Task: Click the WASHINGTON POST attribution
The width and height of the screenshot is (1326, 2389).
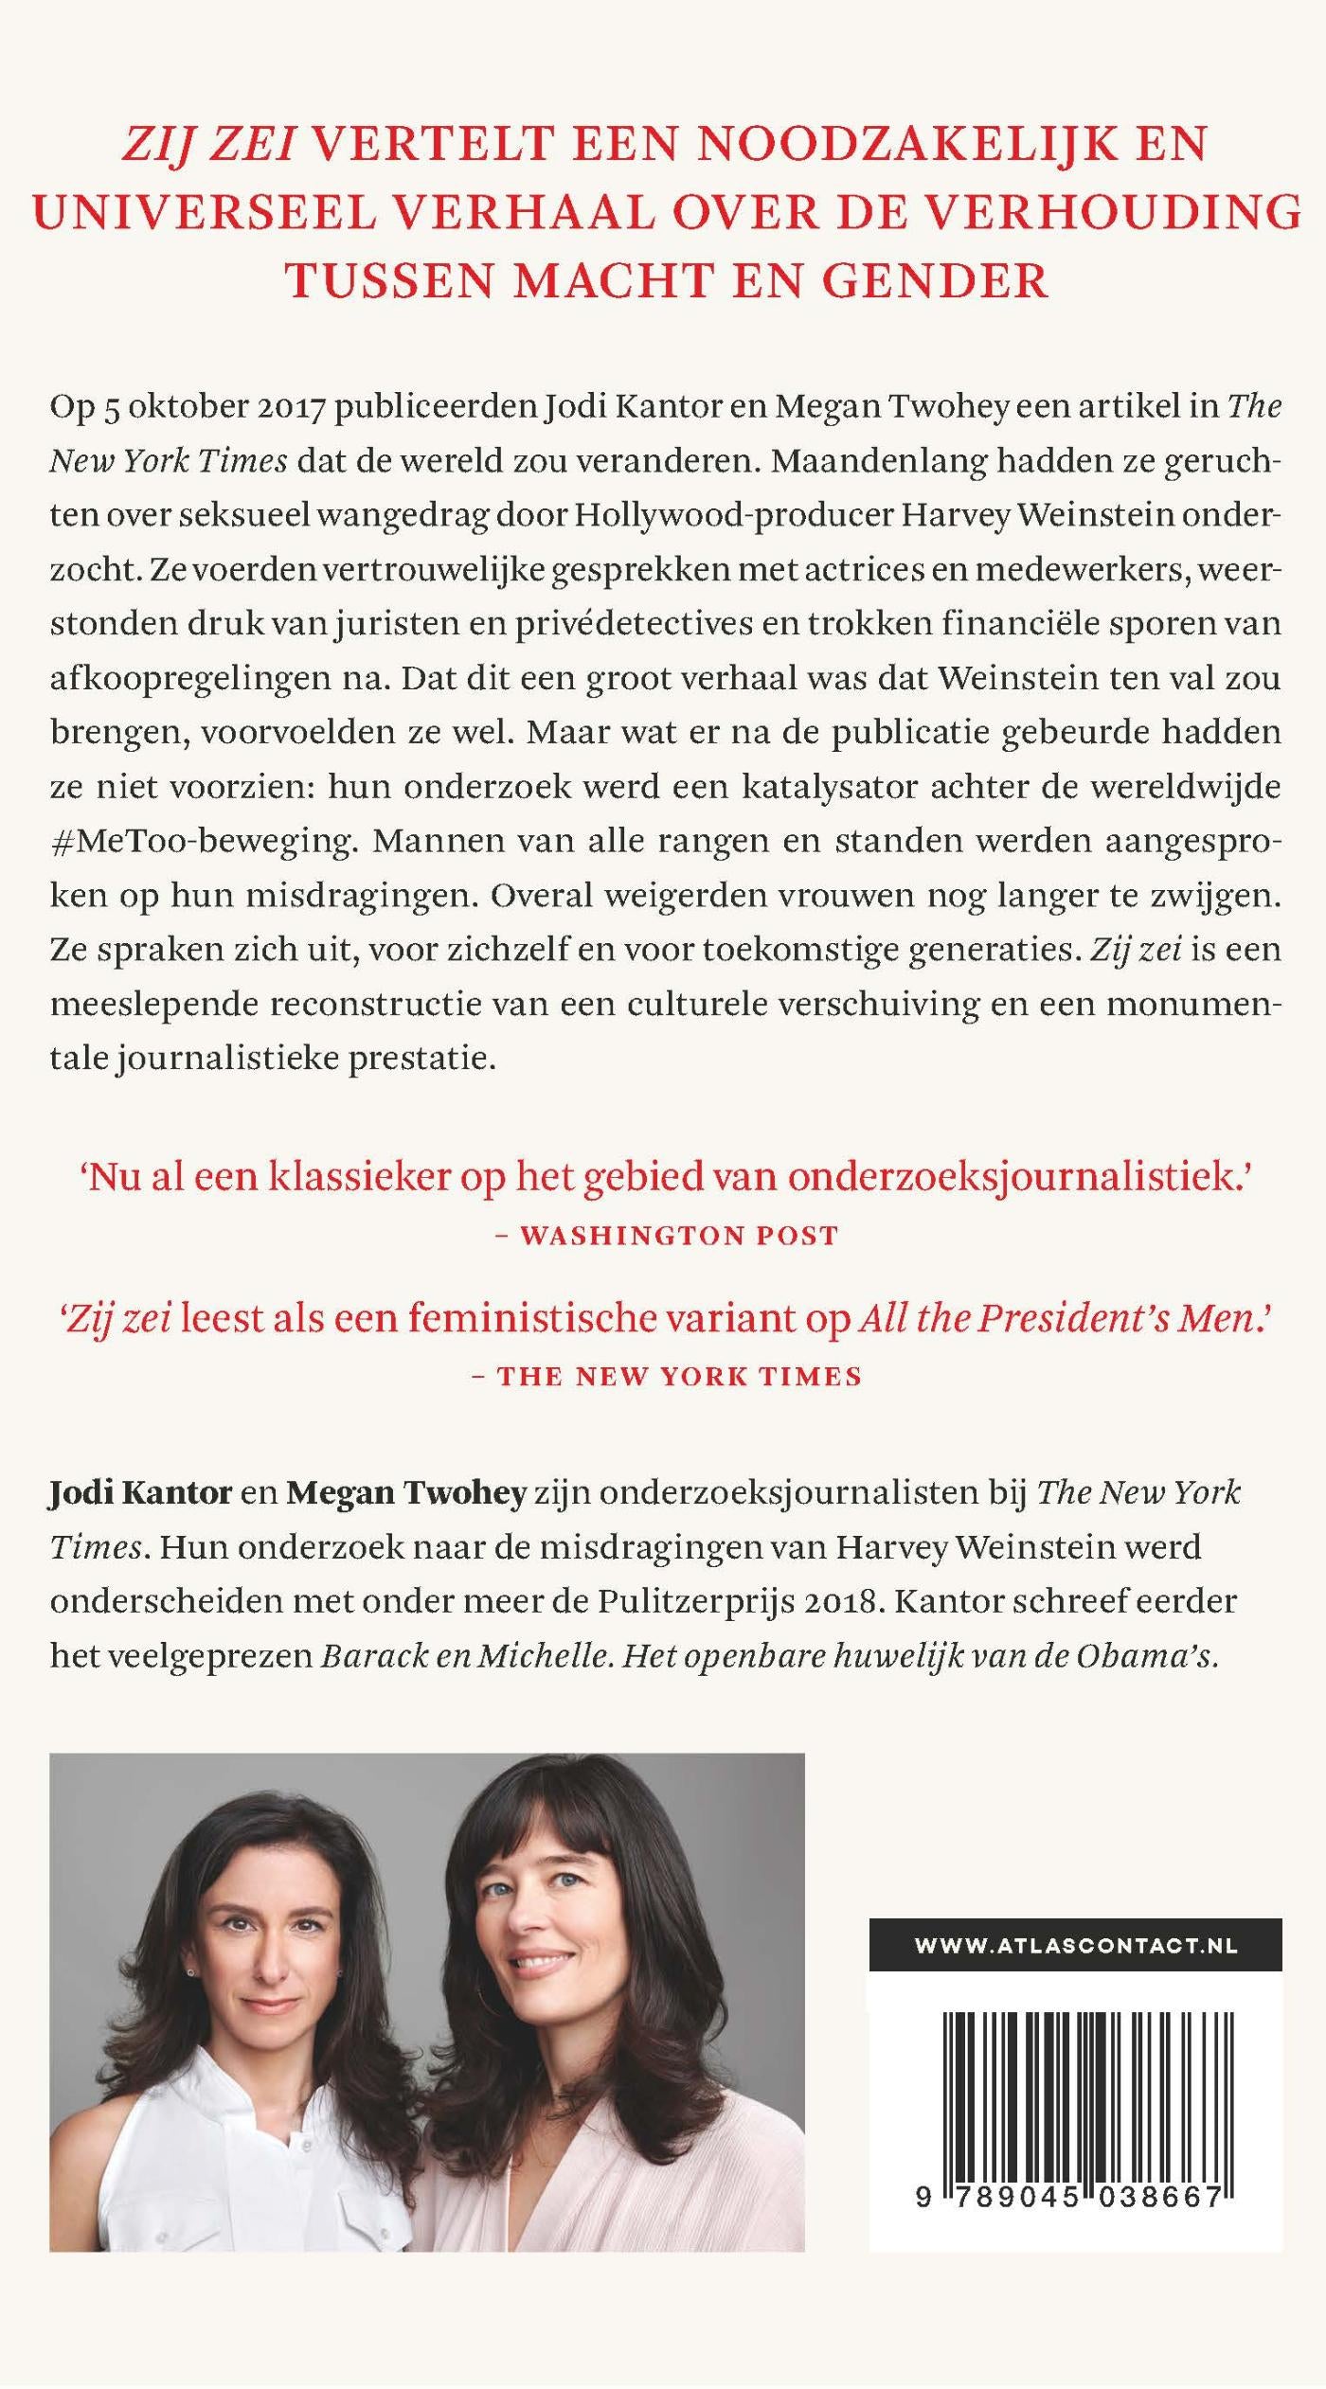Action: click(x=679, y=1237)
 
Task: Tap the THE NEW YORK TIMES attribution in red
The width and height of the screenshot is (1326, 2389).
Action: click(x=679, y=1377)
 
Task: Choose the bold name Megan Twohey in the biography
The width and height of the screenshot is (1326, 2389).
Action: click(x=406, y=1493)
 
